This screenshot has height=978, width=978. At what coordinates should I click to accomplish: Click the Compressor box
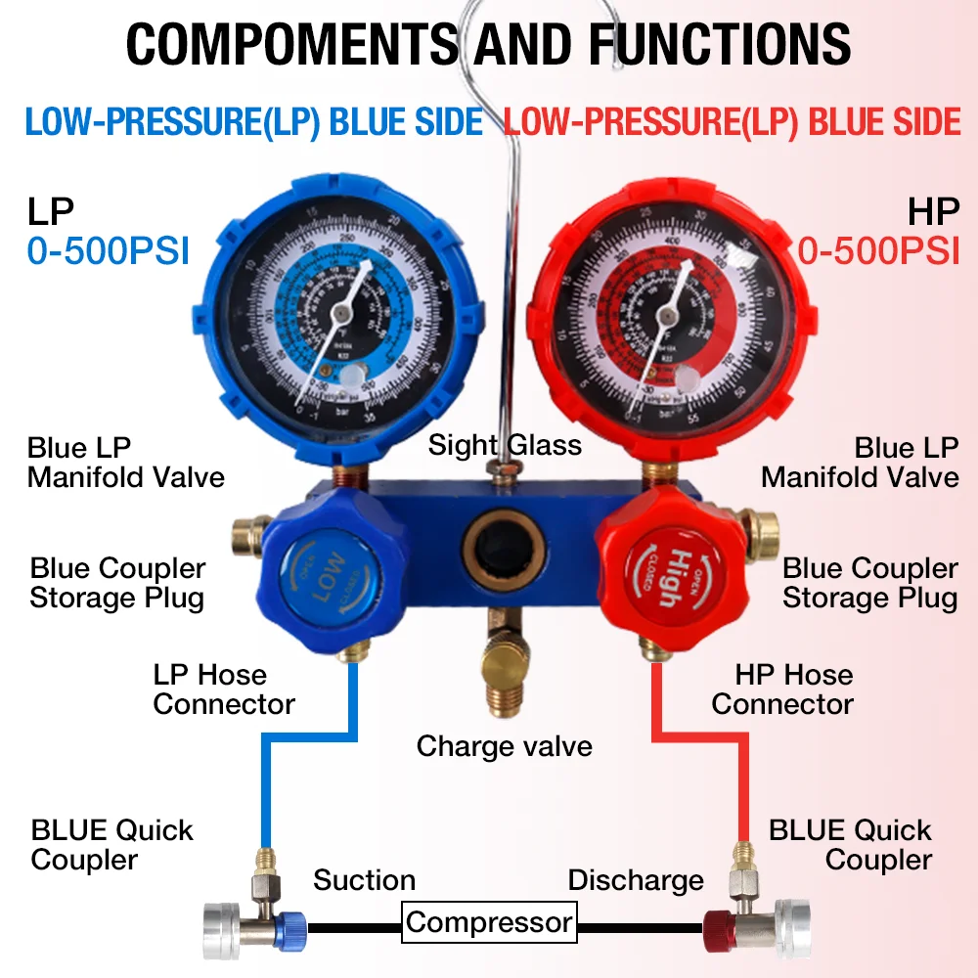tap(489, 922)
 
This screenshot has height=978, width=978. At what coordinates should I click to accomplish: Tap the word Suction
tap(364, 880)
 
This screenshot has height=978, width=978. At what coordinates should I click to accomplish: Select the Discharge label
tap(636, 880)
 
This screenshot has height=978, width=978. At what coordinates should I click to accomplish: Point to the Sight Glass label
tap(505, 446)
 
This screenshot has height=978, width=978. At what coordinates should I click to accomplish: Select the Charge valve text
tap(504, 746)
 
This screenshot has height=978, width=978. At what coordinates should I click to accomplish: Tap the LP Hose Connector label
tap(223, 689)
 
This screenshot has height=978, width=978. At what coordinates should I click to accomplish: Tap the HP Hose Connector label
tap(782, 689)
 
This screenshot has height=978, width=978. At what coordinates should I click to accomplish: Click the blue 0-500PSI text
tap(108, 250)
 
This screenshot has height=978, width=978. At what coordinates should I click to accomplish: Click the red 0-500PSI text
tap(878, 250)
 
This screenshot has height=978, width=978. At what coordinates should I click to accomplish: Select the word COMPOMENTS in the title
tap(291, 43)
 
